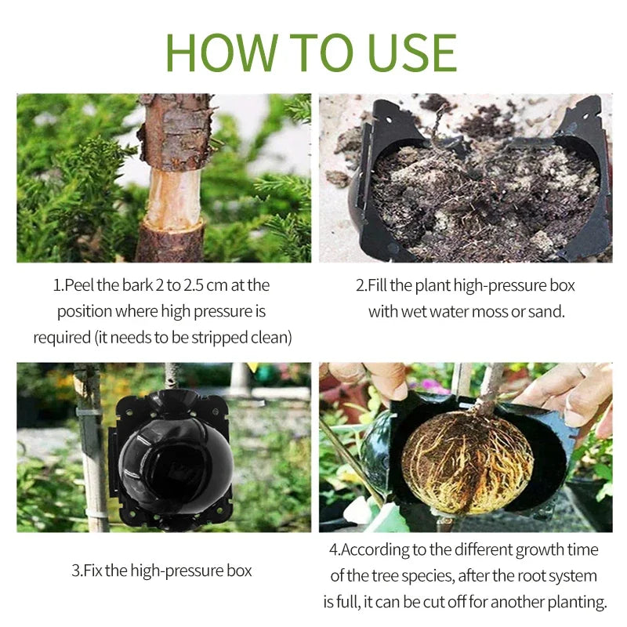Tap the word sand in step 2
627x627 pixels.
547,311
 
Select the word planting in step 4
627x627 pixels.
578,603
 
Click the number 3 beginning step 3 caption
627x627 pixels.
74,571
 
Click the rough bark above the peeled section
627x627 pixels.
174,129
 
